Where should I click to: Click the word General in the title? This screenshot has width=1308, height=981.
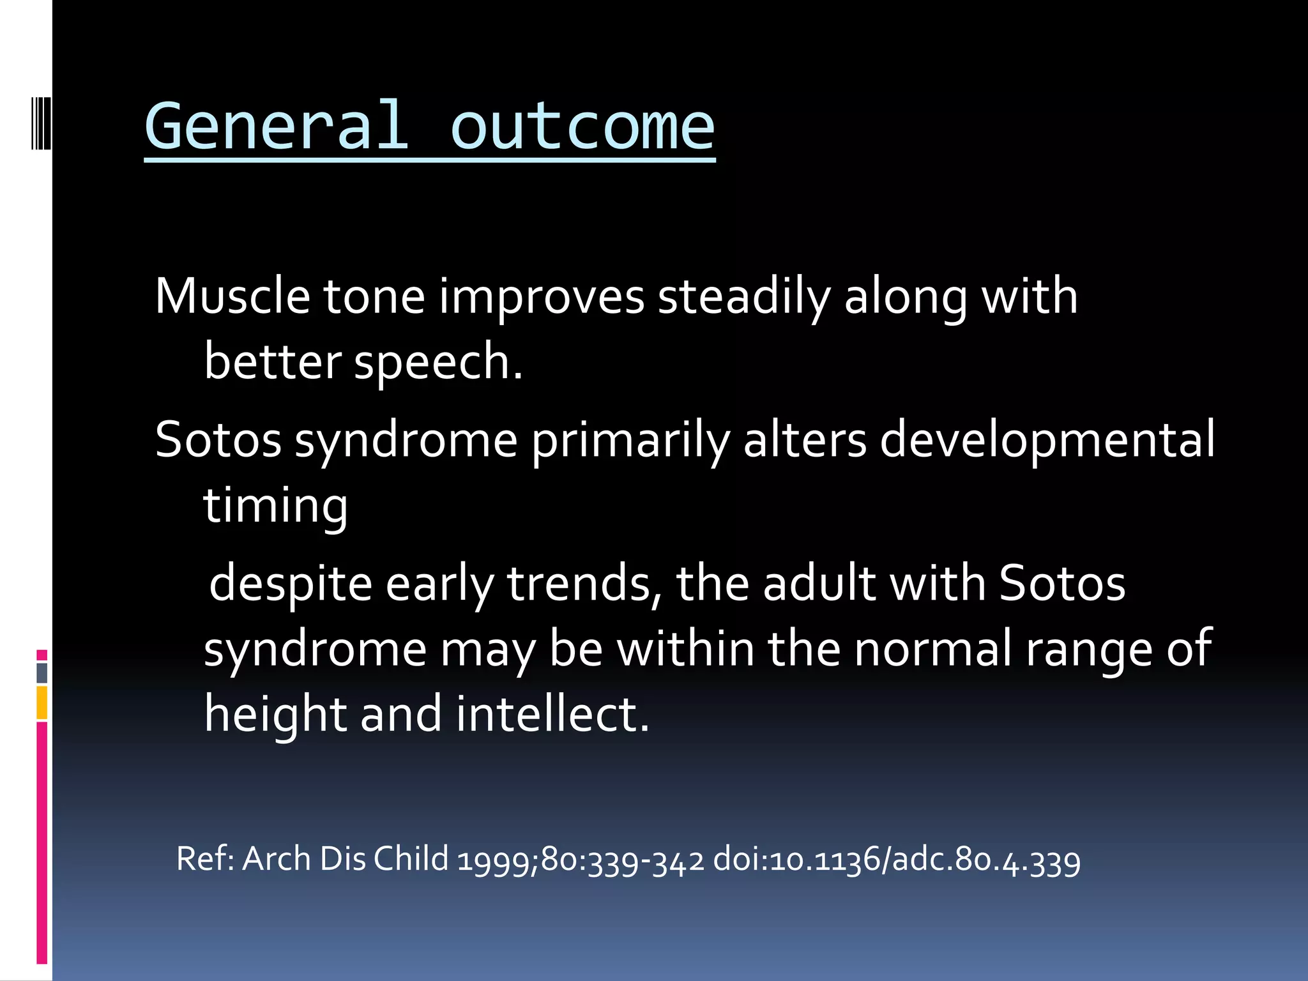click(x=276, y=126)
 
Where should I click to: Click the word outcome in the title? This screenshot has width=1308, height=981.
click(x=582, y=126)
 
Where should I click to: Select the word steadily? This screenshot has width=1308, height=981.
click(x=744, y=298)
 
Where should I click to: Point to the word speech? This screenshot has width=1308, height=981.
click(x=437, y=362)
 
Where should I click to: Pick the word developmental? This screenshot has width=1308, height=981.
click(x=1047, y=441)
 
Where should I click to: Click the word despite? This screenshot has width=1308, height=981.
click(x=291, y=584)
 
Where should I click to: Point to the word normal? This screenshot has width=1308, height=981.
click(x=933, y=649)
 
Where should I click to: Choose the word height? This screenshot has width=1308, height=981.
click(x=275, y=714)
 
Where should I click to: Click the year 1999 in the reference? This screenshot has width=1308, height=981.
click(x=497, y=859)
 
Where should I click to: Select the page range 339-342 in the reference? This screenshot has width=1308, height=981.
click(x=645, y=859)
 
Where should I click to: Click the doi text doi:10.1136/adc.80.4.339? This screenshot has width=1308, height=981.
click(x=896, y=859)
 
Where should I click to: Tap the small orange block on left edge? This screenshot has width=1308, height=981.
click(x=42, y=703)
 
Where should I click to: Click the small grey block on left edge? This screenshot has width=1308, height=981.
click(x=42, y=673)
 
